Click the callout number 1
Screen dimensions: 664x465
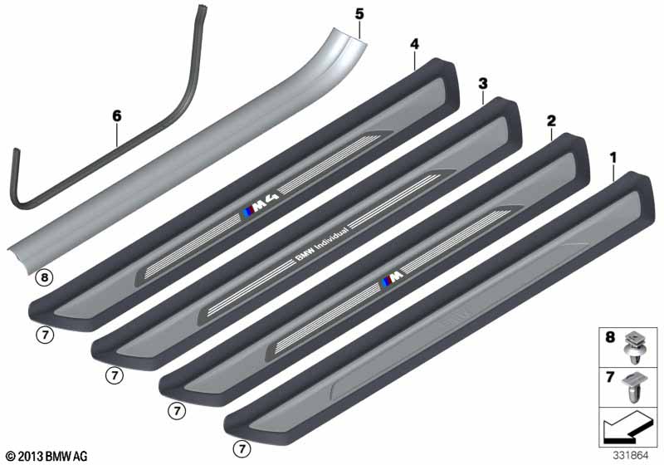613,159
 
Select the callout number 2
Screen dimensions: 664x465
551,121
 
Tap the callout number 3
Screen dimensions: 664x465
483,84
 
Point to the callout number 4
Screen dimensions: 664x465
414,44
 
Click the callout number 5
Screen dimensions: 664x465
359,14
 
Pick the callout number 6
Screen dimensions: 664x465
116,115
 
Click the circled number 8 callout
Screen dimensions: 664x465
45,278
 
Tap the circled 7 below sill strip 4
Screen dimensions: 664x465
45,335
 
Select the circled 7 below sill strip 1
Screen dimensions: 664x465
242,448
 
